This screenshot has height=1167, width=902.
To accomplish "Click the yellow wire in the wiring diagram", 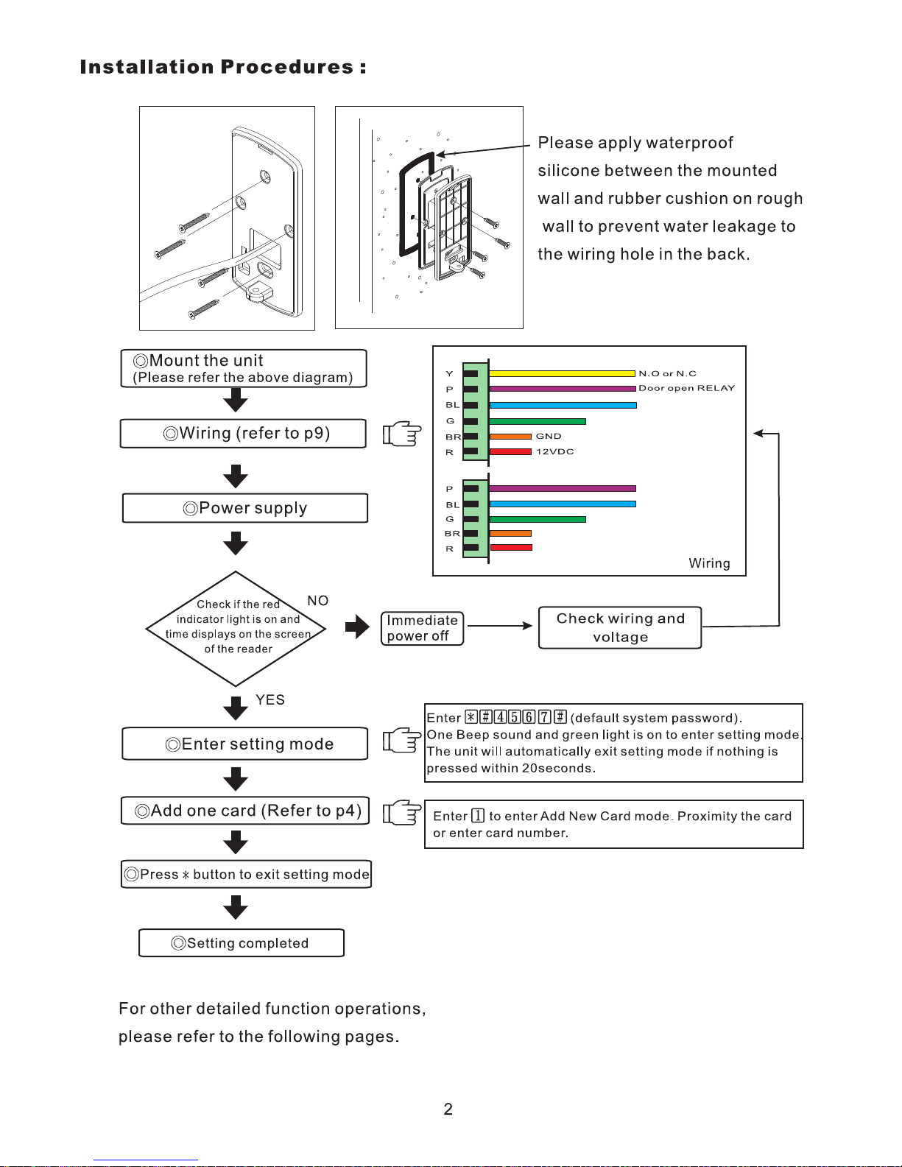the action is pos(562,373).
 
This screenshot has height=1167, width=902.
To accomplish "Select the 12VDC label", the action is pos(555,451).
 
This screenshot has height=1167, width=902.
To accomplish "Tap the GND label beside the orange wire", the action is pos(548,436).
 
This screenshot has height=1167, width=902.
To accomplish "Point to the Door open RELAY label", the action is pos(686,388).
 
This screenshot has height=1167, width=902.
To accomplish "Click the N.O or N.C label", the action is pos(667,373).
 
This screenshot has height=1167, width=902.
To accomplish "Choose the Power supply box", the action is pos(244,508).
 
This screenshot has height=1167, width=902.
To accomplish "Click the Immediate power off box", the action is pos(422,628).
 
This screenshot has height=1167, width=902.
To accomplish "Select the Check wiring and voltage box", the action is pos(620,628).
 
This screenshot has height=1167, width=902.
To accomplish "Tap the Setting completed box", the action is pos(241,942).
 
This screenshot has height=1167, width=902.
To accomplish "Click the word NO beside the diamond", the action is pos(318,600).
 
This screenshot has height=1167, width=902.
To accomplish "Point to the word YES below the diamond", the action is pos(270,699).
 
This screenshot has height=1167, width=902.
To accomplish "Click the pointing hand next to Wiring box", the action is pos(402,434).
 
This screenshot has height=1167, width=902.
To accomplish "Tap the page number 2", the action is pos(448,1109).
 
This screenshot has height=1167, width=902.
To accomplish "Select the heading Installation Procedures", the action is pos(223,67).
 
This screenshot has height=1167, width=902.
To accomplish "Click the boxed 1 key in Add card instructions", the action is pos(478,816).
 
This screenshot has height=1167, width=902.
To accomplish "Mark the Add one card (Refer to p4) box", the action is pos(245,811).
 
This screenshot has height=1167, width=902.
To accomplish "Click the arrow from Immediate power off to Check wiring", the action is pos(500,626).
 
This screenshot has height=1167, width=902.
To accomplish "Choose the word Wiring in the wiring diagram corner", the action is pos(709,563).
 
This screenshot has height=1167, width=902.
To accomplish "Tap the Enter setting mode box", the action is pos(244,744).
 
